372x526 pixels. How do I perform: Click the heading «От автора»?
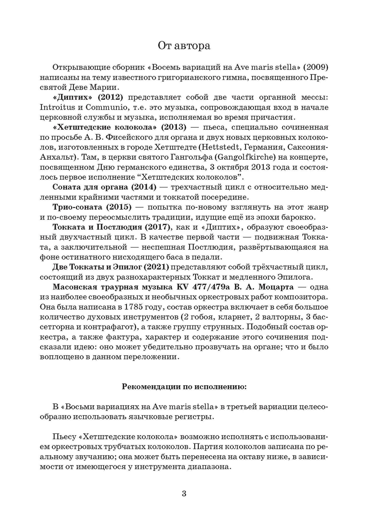(184, 46)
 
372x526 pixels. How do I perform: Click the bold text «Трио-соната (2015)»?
(92, 208)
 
